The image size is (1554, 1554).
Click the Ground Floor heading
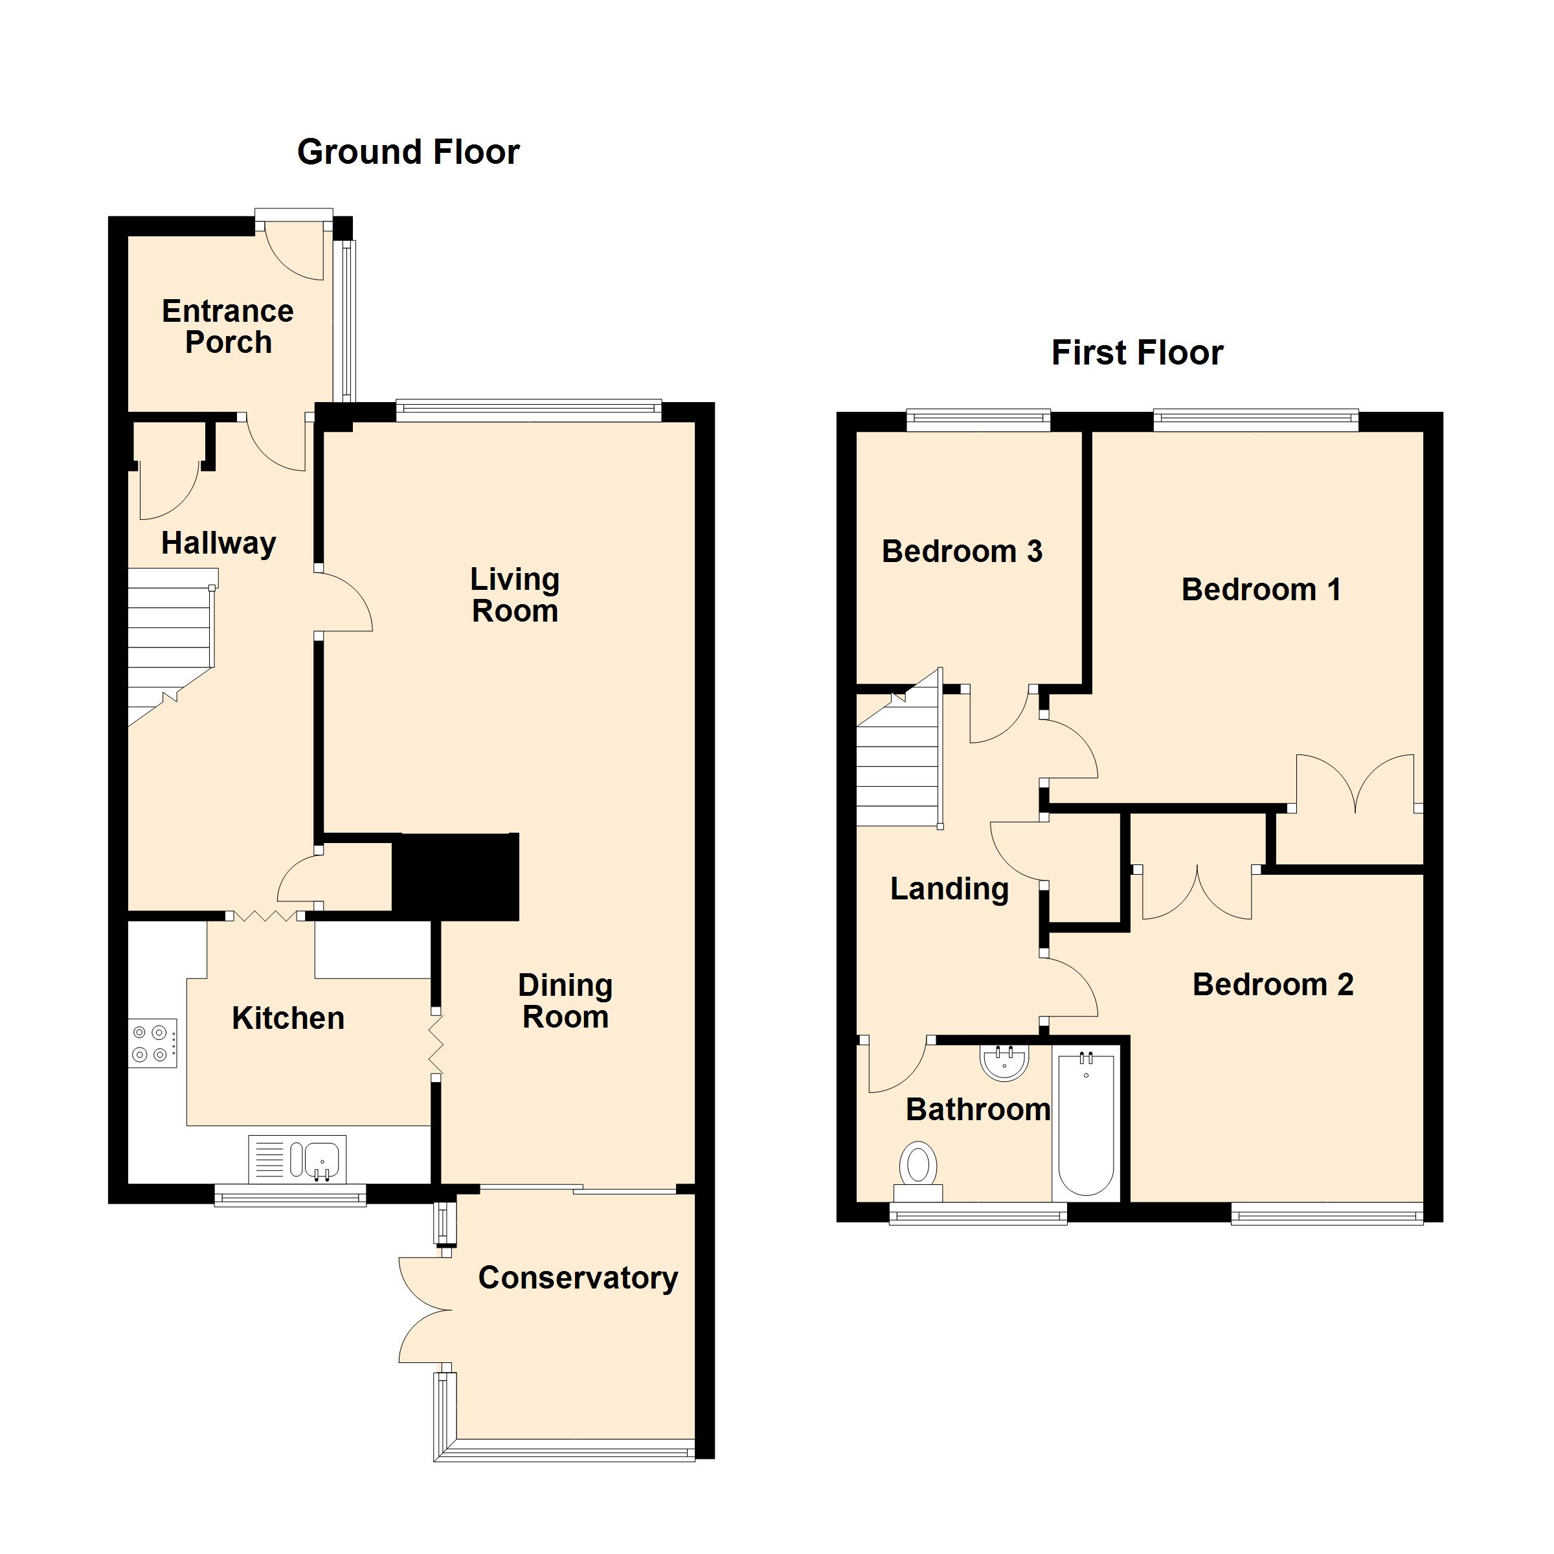[408, 152]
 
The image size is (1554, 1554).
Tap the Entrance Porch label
[228, 326]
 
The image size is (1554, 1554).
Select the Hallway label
[218, 543]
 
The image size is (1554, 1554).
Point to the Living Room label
[515, 595]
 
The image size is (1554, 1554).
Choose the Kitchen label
[288, 1019]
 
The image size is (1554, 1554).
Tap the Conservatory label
[578, 1278]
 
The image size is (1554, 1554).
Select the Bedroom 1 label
[1261, 590]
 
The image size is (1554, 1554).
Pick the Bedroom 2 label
[1272, 984]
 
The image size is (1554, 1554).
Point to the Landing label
[949, 889]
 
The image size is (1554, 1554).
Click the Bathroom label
[977, 1110]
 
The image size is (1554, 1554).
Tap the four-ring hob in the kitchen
[153, 1042]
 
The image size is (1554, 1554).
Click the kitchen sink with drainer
[298, 1159]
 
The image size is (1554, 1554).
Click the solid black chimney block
[455, 877]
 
